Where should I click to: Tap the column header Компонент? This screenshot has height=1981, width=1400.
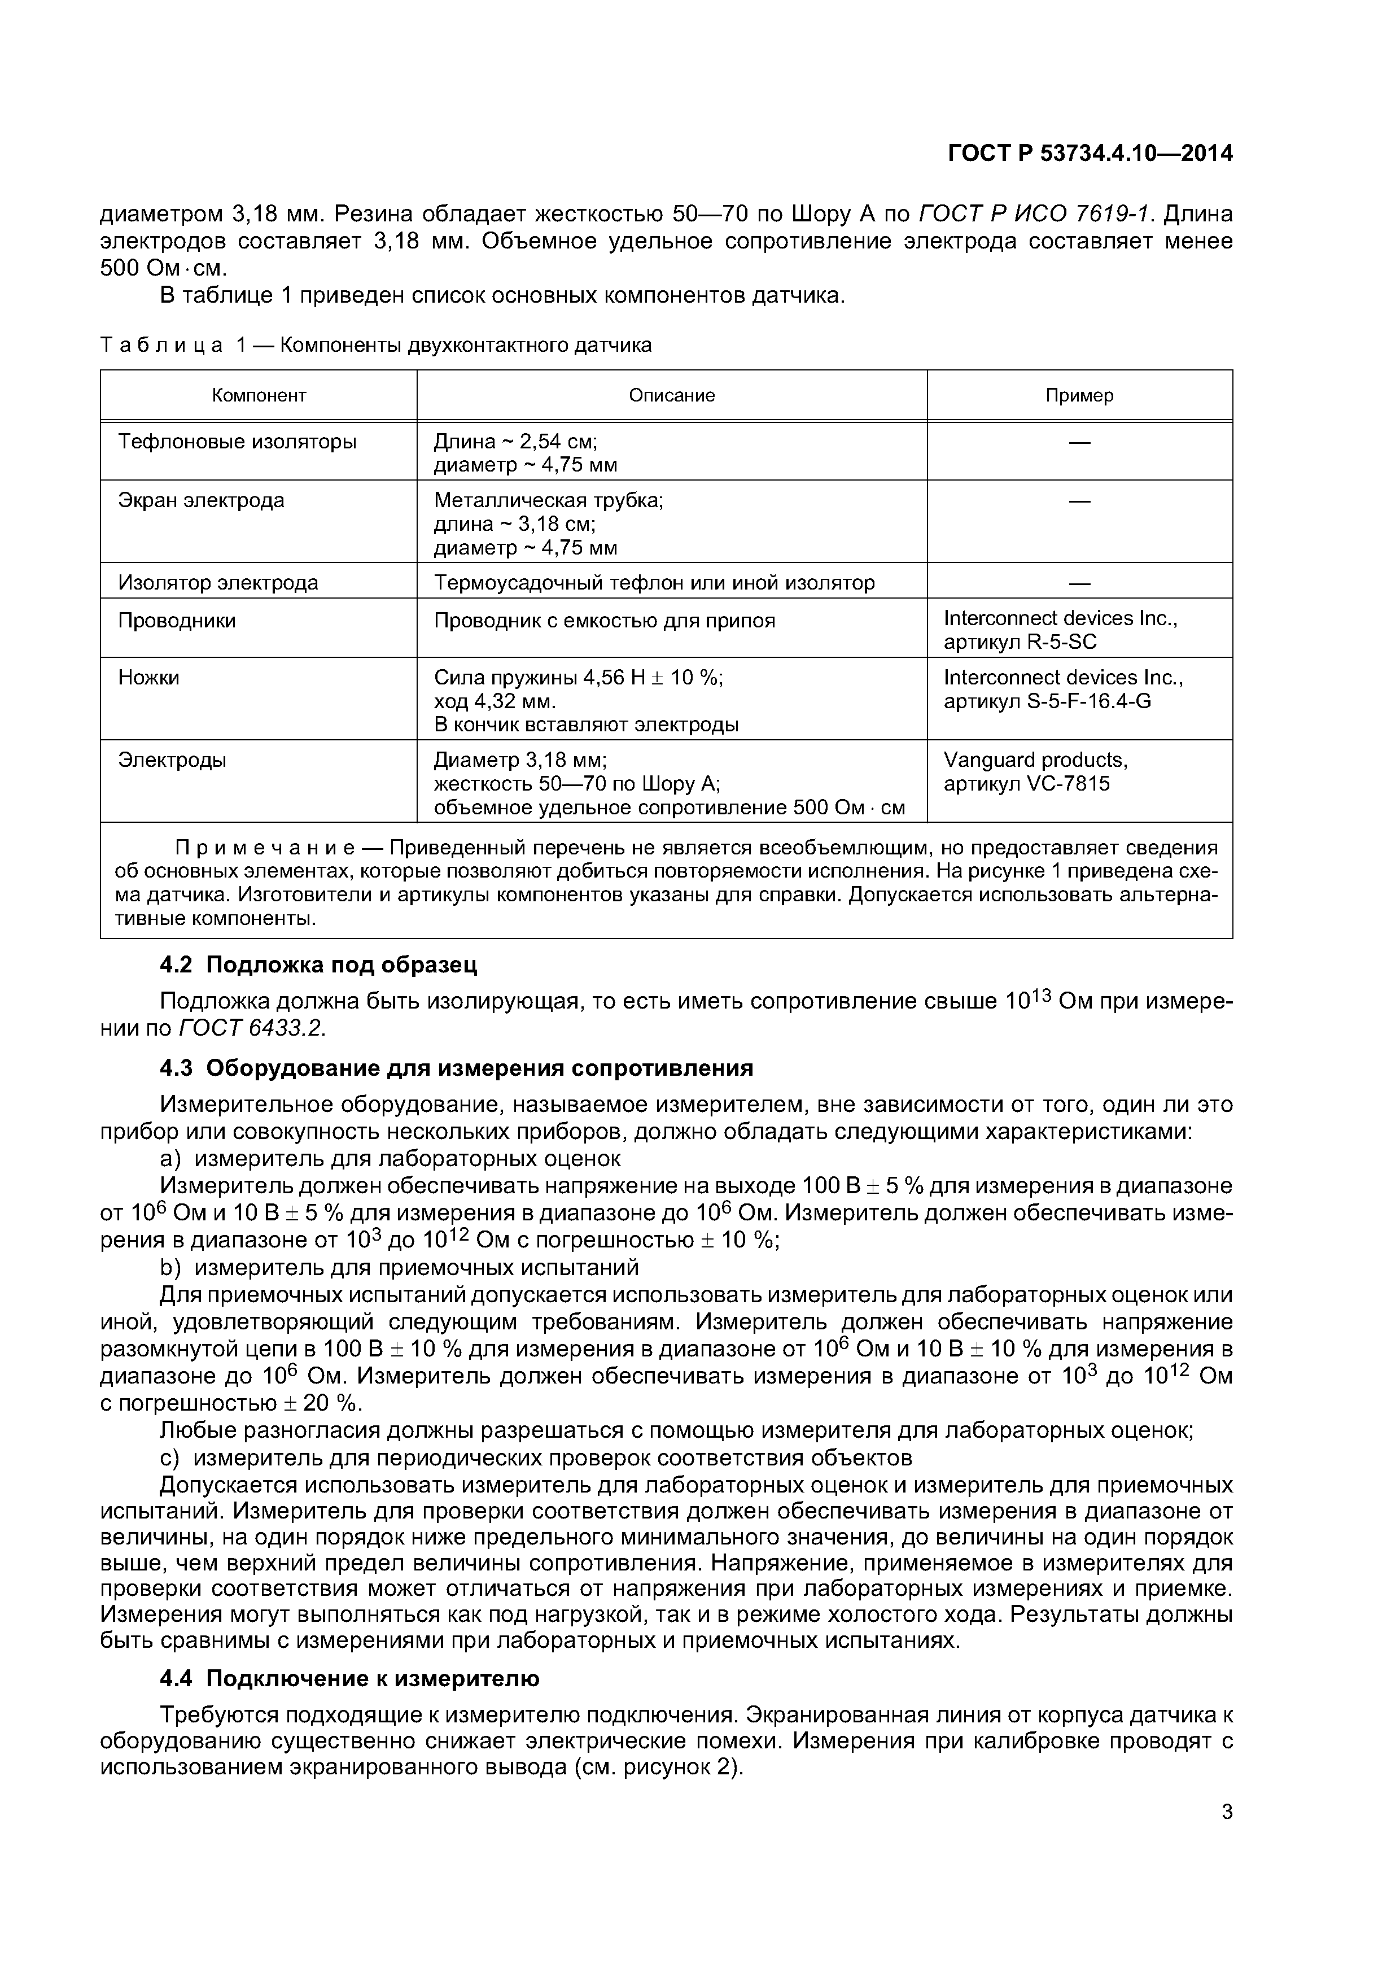[x=259, y=395]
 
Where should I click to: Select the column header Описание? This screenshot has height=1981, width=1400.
[x=671, y=395]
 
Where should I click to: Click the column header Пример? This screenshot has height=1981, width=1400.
[x=1079, y=395]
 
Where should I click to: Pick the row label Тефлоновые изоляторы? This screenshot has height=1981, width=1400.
[x=237, y=442]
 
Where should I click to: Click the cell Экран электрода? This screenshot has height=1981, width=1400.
[x=201, y=500]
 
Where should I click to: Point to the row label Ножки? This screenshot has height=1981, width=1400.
[x=148, y=677]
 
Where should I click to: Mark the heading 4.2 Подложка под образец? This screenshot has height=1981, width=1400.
[x=318, y=964]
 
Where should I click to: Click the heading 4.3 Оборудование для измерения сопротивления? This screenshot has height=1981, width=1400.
[x=456, y=1068]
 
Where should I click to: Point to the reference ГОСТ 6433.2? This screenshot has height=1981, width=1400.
[x=252, y=1028]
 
